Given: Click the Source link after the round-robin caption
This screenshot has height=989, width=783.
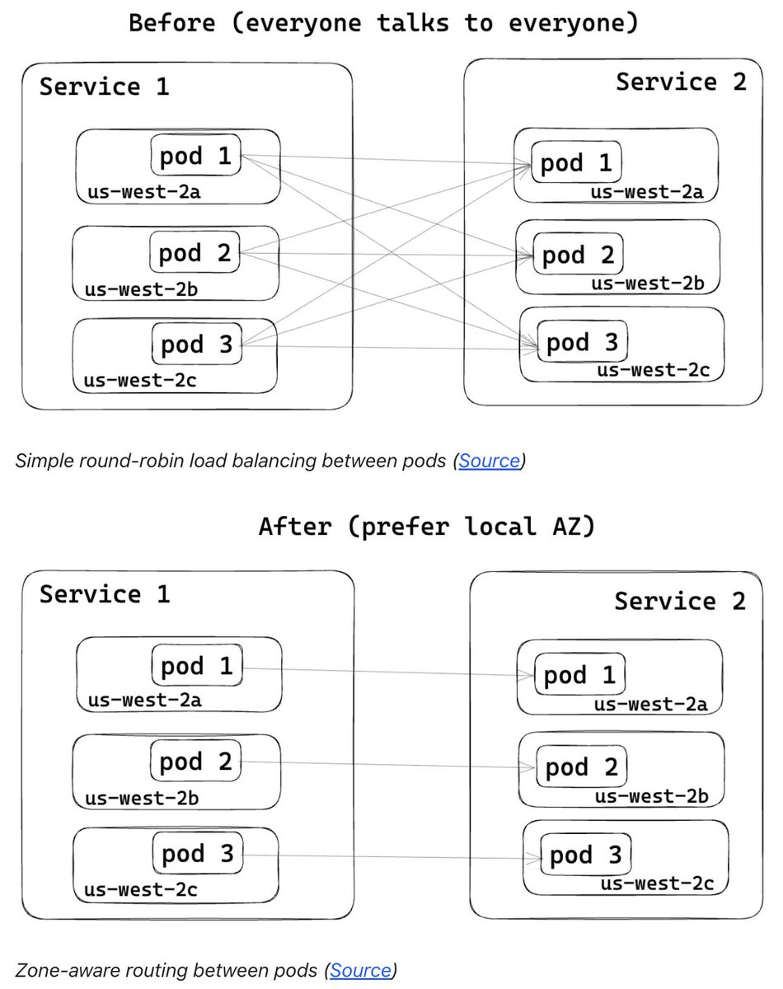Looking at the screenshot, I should [x=490, y=461].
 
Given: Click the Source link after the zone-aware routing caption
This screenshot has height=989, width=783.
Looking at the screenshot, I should [x=360, y=970].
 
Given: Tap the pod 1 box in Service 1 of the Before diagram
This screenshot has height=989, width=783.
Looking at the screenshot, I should [x=195, y=156].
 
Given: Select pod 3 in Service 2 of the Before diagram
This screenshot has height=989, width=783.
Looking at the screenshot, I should [x=581, y=342].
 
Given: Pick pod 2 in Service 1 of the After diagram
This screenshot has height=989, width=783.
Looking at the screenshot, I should [x=196, y=762].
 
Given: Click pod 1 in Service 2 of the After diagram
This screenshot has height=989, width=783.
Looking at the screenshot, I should [x=579, y=676].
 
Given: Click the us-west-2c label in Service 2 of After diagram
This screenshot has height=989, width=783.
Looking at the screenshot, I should [x=656, y=884].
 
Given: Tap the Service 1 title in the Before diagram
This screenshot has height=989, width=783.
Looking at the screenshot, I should [x=104, y=87].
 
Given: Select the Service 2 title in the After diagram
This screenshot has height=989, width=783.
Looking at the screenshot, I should [x=679, y=600].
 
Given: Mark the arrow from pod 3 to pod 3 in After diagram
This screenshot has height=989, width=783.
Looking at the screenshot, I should [x=387, y=857].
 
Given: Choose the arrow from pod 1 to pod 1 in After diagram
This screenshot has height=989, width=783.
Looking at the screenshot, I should [x=387, y=672].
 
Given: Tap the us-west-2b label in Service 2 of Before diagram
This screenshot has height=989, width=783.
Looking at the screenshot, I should [x=648, y=284].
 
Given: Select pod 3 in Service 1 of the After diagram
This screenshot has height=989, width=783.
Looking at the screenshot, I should [x=197, y=854].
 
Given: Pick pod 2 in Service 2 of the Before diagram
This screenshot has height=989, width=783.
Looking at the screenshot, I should [x=578, y=255].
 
